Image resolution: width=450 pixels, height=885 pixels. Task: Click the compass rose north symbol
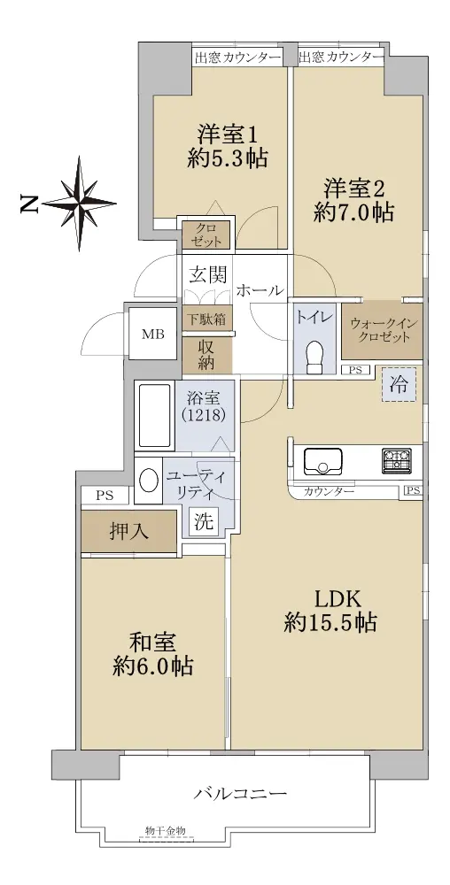point(79,204)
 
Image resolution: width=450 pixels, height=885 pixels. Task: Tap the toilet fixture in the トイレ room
point(314,356)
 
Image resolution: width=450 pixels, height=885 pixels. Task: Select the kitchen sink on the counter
point(323,461)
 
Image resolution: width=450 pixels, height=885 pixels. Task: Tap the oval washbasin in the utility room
point(149,481)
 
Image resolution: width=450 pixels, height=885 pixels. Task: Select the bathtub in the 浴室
point(154,417)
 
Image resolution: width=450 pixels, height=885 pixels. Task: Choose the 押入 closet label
point(128,531)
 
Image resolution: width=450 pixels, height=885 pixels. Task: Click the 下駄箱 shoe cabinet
point(206,319)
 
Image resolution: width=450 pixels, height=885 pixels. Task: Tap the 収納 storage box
point(206,355)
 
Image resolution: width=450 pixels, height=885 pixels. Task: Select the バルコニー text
point(241,793)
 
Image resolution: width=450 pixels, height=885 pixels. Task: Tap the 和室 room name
point(153,643)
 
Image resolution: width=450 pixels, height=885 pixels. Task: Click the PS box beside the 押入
point(105,496)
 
